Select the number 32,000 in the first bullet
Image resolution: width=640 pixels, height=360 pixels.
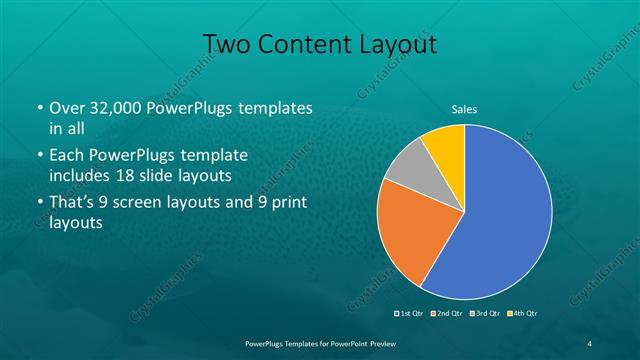tap(118, 107)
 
